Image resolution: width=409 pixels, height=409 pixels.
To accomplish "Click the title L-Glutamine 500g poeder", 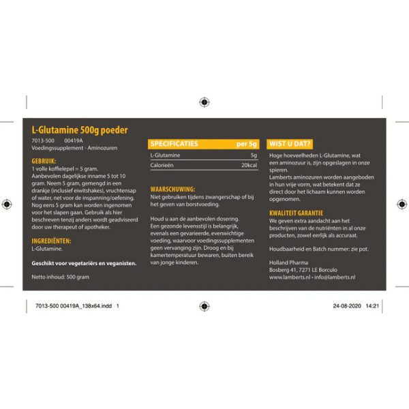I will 80,130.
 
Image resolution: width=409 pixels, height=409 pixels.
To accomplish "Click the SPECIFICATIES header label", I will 175,144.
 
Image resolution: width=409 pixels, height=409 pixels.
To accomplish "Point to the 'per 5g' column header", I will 247,144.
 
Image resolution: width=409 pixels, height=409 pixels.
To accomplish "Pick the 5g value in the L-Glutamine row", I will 254,155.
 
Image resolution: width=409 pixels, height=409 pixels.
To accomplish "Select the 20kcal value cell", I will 249,166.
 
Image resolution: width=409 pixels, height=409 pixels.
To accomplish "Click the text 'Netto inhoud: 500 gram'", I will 61,277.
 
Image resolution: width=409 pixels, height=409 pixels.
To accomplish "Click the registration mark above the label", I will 204,102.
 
